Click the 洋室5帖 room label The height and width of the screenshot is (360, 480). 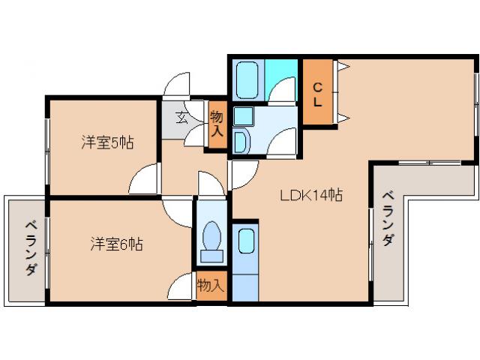click(107, 142)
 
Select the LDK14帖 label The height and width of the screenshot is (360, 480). click(311, 196)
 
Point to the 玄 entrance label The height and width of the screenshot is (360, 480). click(182, 116)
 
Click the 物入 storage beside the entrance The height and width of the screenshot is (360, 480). click(217, 123)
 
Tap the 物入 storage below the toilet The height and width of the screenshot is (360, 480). click(211, 285)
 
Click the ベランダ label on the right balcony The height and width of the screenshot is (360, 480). click(388, 218)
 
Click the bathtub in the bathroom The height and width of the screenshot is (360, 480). click(247, 79)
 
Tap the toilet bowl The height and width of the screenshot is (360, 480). click(211, 240)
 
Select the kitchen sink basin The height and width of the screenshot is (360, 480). click(245, 242)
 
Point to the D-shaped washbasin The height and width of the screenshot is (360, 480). click(242, 142)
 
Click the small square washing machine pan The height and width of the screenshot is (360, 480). click(242, 115)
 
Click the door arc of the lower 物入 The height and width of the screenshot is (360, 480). click(182, 286)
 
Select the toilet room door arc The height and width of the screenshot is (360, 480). click(206, 184)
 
